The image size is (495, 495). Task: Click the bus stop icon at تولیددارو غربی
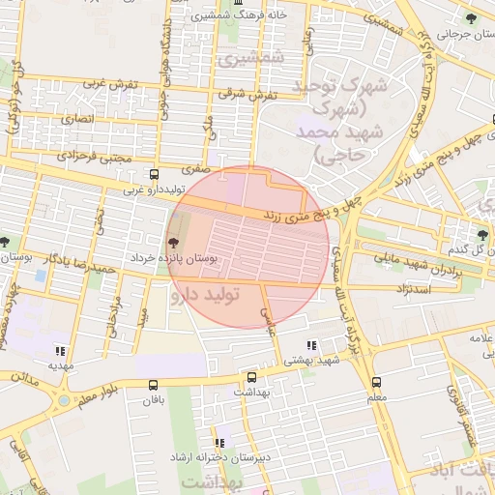point(155,175)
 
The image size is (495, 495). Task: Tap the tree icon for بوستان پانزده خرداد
point(174,244)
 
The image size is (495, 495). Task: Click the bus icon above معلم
point(376,382)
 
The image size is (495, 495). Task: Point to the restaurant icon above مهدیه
point(60,351)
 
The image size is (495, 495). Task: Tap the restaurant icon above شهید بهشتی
point(310,345)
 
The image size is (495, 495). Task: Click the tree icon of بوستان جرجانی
point(471,18)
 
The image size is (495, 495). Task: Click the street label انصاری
point(77,119)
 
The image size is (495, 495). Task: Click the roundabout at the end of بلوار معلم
point(65,398)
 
